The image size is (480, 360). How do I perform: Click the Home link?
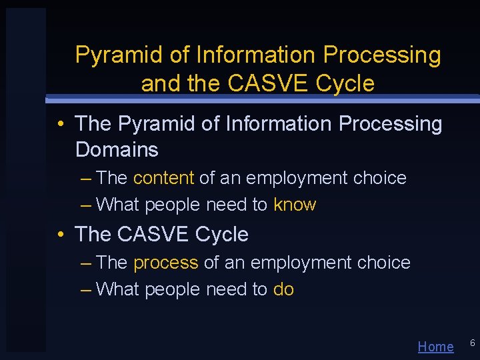435,346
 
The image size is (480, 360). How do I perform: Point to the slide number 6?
472,343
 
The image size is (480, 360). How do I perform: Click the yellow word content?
163,178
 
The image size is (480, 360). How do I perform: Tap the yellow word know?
295,205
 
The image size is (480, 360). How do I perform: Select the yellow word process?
166,263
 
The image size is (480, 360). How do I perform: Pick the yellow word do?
283,289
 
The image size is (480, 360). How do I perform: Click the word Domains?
117,150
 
